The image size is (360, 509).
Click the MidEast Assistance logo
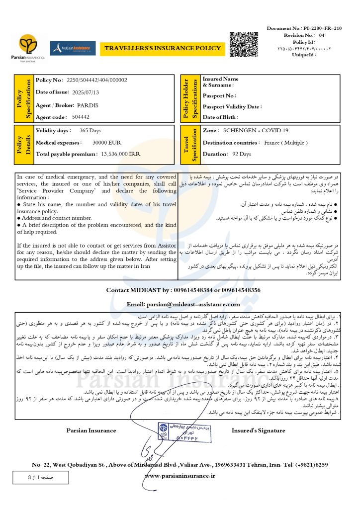click(73, 48)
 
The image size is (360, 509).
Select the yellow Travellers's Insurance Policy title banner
click(162, 48)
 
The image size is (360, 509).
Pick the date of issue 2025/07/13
click(86, 92)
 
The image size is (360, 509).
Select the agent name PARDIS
click(88, 105)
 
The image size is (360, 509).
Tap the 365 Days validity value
click(90, 131)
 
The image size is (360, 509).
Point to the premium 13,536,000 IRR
click(120, 155)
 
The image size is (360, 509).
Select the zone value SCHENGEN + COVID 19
click(256, 130)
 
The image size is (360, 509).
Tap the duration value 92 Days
click(242, 154)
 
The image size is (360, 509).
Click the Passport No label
click(219, 95)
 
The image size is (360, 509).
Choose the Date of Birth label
click(220, 117)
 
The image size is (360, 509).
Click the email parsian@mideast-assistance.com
click(183, 304)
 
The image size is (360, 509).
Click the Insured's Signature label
click(258, 430)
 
